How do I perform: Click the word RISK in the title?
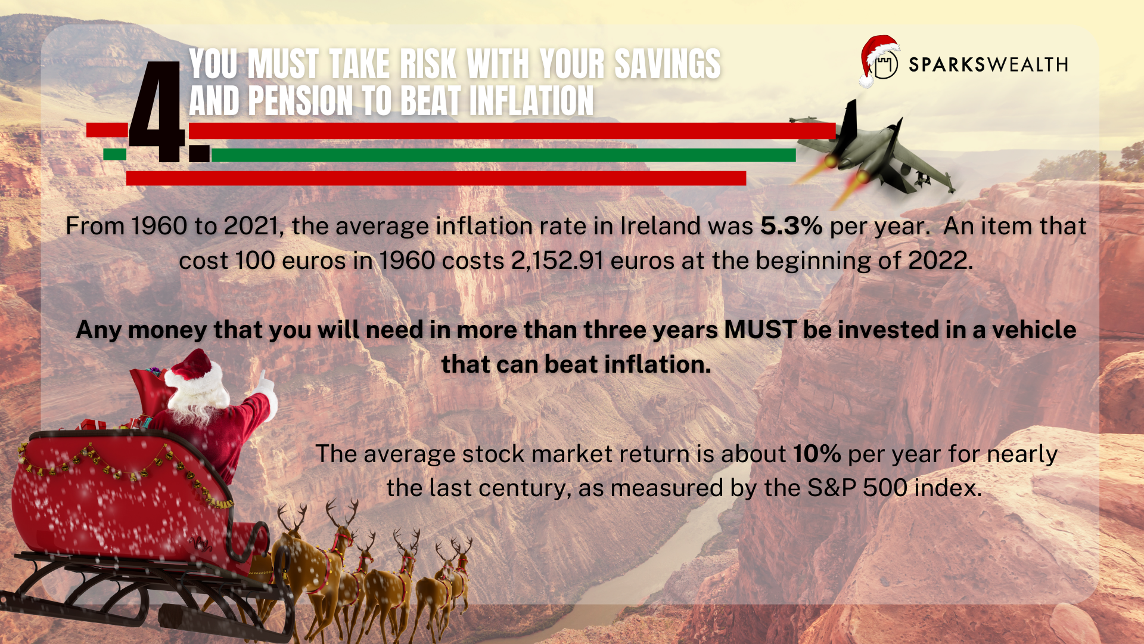428,64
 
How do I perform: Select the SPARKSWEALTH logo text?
988,64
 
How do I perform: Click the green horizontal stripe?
503,155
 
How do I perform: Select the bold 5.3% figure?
791,226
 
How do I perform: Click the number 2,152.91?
557,261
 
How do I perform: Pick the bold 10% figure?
817,454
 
